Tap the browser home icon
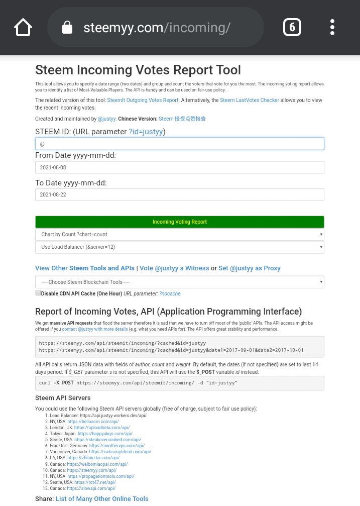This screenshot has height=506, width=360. (x=23, y=27)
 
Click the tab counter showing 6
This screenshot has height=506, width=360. (x=292, y=27)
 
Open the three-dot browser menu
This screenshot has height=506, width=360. (x=332, y=27)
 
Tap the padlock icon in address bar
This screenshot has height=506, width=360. (x=67, y=28)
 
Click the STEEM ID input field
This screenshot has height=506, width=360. (x=179, y=144)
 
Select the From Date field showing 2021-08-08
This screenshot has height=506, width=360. (x=179, y=167)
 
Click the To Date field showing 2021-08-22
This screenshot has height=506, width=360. (x=179, y=194)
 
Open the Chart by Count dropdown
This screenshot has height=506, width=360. (x=179, y=235)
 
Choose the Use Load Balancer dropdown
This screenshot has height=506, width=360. (x=179, y=247)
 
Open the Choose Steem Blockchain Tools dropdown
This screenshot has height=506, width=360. (x=179, y=282)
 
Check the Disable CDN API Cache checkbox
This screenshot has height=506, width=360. (x=38, y=293)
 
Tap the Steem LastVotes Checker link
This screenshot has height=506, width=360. (x=250, y=100)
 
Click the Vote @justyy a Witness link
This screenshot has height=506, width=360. (x=174, y=268)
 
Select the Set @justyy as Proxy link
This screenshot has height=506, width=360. (x=250, y=268)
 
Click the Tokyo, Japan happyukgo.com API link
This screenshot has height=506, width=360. (x=105, y=434)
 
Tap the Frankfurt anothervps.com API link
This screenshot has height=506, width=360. (x=117, y=446)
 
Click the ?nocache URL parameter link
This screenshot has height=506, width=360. (x=170, y=294)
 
